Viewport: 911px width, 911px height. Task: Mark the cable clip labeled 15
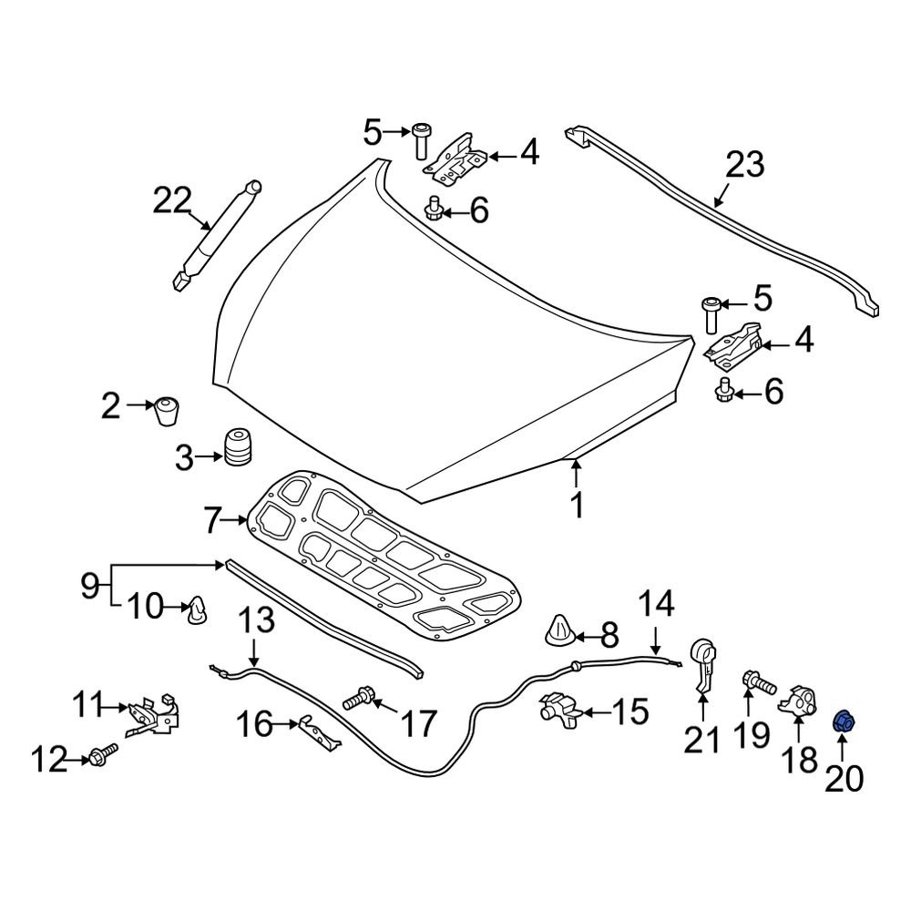[x=559, y=711]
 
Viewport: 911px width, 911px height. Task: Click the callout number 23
[x=744, y=167]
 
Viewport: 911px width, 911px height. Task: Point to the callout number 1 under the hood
[x=576, y=504]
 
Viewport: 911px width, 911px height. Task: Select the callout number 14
[x=656, y=605]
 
